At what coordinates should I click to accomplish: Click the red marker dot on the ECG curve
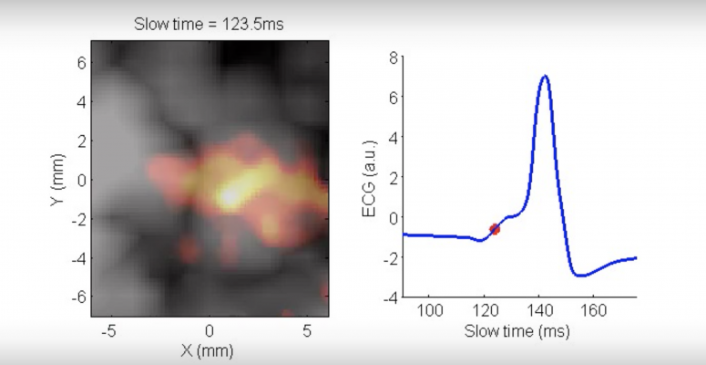coord(495,229)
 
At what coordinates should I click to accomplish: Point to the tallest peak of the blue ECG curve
coord(545,76)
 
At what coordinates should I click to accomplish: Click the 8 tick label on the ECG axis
coord(394,57)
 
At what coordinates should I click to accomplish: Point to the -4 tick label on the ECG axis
coord(391,297)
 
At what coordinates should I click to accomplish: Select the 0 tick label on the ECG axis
coord(394,217)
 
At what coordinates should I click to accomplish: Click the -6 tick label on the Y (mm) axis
coord(79,297)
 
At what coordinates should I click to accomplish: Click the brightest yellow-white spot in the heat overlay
coord(230,193)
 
